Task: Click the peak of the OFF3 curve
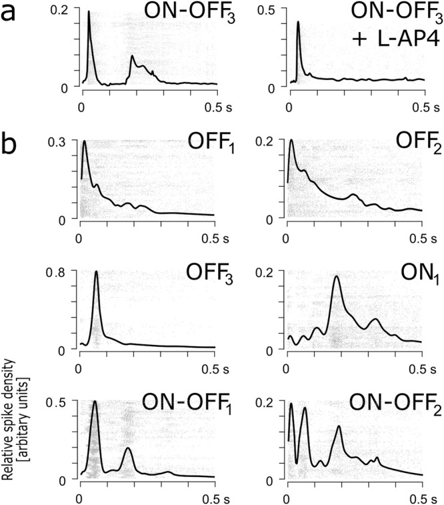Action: pos(97,272)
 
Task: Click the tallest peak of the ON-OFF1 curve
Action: pos(95,402)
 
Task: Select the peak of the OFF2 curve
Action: pos(291,140)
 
